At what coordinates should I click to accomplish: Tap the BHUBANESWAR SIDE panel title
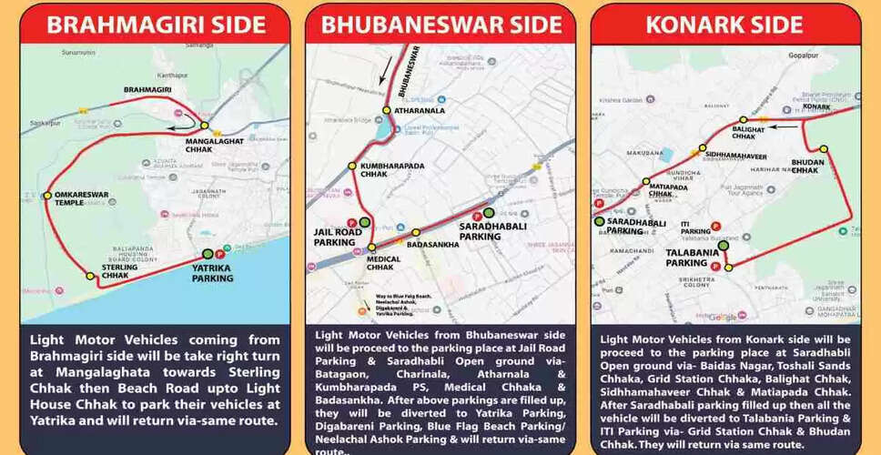coord(440,25)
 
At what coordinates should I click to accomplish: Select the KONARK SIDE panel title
coord(725,25)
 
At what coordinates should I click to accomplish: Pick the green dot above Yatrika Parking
coord(208,254)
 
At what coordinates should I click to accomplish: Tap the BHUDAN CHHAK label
coord(805,165)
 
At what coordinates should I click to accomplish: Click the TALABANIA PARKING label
coord(686,258)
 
